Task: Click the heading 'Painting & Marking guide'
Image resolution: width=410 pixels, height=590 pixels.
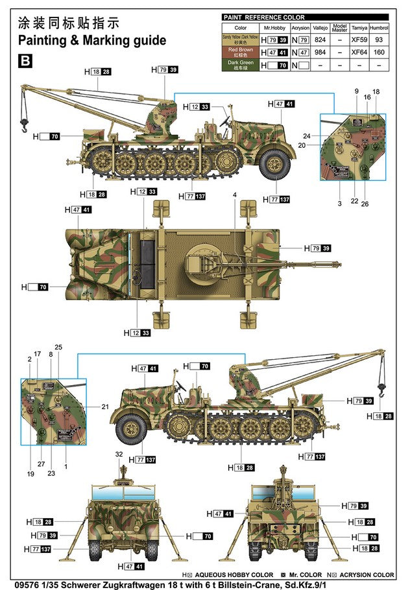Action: [x=92, y=40]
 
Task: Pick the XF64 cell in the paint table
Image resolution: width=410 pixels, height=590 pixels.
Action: [x=358, y=53]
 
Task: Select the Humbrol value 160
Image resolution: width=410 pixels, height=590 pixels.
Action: [x=379, y=53]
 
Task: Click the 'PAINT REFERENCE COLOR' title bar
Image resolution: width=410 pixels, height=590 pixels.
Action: [x=264, y=18]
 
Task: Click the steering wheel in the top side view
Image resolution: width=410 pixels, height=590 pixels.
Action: [x=226, y=120]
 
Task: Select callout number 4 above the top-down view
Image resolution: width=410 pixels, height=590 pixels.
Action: [x=235, y=195]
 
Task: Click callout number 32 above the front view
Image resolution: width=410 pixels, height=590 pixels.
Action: [x=119, y=454]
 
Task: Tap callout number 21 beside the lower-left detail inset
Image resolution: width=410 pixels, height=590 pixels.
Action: [x=105, y=407]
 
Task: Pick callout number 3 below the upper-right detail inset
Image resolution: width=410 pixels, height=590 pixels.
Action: [x=339, y=204]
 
